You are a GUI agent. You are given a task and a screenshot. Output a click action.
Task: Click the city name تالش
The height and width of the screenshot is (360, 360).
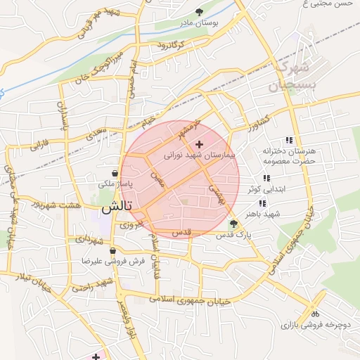coord(116,208)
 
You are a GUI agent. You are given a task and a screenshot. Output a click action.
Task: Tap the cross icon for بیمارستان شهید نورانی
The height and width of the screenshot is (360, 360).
coord(199,143)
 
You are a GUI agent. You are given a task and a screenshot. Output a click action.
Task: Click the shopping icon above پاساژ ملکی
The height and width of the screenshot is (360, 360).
coord(115,173)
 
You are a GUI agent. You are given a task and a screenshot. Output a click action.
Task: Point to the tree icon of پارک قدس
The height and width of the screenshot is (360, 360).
coord(233,223)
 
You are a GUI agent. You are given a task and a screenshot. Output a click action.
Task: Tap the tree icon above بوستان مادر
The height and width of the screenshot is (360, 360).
coord(199,12)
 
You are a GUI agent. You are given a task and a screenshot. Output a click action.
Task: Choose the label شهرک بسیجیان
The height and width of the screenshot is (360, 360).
coord(288,77)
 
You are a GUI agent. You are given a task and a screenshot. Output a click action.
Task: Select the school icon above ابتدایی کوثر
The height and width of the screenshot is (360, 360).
coord(265,179)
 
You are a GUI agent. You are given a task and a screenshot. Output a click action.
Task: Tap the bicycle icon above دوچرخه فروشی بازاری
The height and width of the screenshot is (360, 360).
coord(315,314)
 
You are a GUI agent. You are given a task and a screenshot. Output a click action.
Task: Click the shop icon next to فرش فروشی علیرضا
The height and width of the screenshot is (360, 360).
coord(112,250)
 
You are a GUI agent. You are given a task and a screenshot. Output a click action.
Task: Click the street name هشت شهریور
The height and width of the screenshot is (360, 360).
coord(54,205)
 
